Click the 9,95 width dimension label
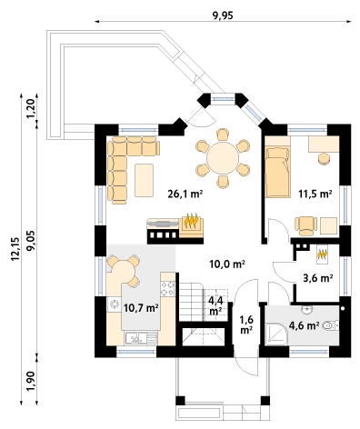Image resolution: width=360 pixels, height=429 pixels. (x=223, y=15)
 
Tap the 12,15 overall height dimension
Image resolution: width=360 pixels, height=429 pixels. (x=15, y=249)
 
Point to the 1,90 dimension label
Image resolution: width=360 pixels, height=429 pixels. (x=31, y=380)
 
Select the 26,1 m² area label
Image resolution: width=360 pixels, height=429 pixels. (x=185, y=194)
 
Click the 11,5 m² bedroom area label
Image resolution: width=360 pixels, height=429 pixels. (x=315, y=194)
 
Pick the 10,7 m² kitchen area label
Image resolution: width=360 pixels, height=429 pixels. (x=141, y=308)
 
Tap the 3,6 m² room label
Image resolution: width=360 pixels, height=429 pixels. (x=318, y=277)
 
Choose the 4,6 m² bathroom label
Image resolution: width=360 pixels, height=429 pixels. (x=304, y=325)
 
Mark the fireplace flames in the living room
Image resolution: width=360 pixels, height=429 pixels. (x=192, y=221)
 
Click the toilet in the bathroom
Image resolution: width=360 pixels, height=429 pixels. (x=331, y=325)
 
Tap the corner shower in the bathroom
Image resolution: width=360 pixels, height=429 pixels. (x=275, y=334)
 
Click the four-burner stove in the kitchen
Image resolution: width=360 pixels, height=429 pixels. (x=167, y=288)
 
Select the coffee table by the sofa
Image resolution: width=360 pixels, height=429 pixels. (x=144, y=180)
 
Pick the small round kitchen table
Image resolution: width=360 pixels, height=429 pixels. (x=122, y=271)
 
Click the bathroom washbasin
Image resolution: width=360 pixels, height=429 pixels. (x=307, y=310)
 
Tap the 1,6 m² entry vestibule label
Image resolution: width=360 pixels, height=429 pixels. (x=246, y=324)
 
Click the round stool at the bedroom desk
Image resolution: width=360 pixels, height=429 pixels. (x=325, y=159)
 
